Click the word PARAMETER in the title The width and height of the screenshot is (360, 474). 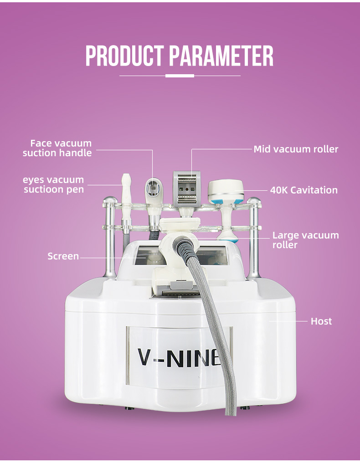click(221, 56)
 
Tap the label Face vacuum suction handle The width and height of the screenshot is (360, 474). click(57, 148)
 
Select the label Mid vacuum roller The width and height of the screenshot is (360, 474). click(296, 149)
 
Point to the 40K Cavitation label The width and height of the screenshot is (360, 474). click(303, 190)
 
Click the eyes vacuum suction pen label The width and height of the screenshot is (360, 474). click(54, 184)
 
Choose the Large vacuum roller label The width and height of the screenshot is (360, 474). click(305, 240)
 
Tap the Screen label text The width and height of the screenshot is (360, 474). click(63, 256)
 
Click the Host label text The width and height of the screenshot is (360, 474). click(321, 321)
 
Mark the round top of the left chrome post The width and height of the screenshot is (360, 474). click(110, 200)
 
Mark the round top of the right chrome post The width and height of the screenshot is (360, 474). click(254, 200)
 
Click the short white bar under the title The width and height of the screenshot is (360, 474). click(180, 76)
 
